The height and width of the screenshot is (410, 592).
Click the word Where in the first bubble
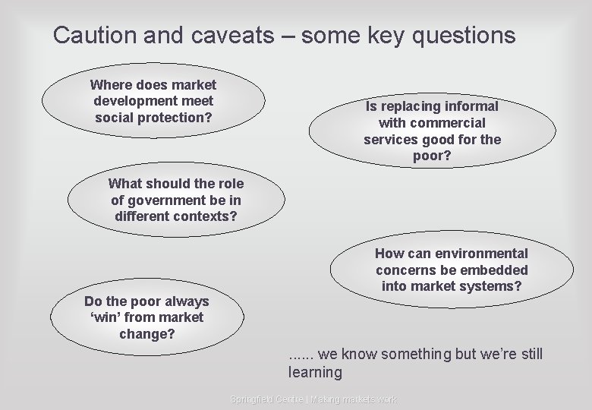click(112, 85)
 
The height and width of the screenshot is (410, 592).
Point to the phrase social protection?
click(153, 117)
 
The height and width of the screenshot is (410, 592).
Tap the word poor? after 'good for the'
click(432, 156)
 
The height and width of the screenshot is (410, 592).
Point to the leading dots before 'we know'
click(301, 355)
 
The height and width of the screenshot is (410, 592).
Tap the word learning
click(315, 372)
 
